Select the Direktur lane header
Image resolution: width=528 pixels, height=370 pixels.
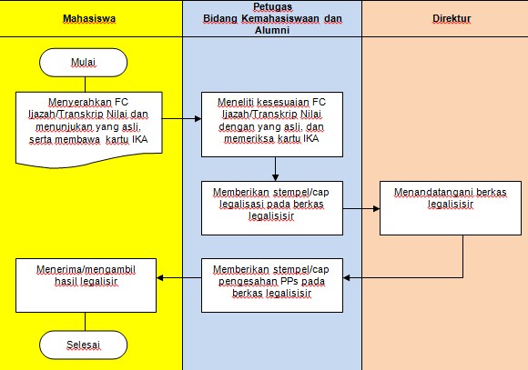[444, 17]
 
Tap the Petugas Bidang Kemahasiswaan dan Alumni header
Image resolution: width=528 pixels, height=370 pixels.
[272, 17]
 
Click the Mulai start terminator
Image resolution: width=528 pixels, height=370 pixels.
[84, 62]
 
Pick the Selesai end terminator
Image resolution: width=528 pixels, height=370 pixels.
[84, 345]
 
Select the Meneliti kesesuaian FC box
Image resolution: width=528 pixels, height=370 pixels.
[272, 120]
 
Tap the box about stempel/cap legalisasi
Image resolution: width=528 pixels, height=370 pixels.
[272, 207]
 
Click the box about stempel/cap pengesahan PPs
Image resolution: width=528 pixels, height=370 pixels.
[272, 278]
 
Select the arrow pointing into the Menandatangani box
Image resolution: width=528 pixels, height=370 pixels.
[361, 209]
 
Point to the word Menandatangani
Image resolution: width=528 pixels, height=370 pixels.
[432, 193]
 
